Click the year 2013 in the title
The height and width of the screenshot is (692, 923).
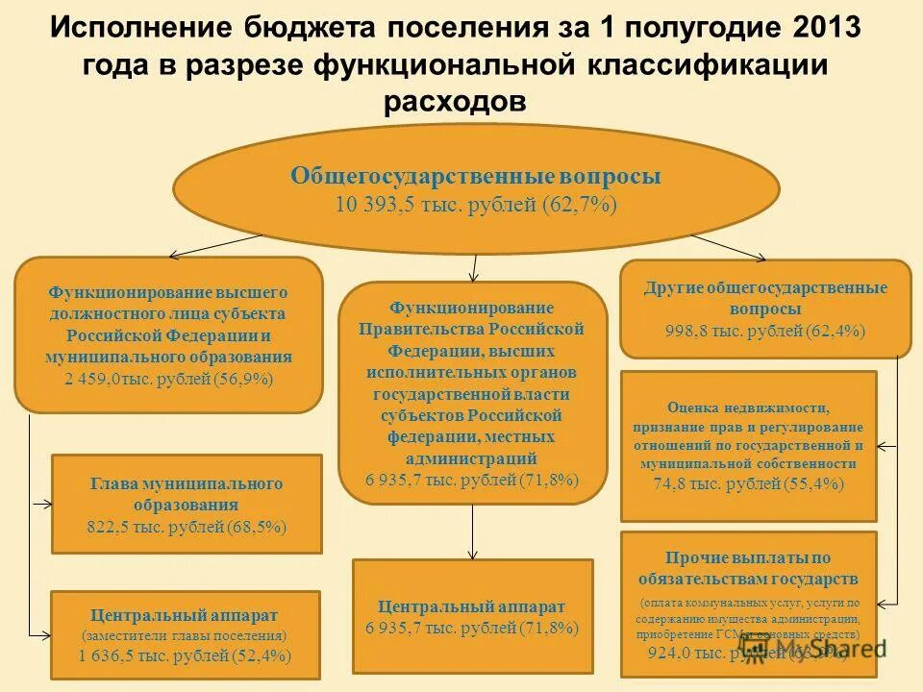[829, 26]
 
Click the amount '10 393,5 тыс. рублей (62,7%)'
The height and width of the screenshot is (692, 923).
[476, 205]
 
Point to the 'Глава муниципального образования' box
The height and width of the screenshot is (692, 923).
[187, 504]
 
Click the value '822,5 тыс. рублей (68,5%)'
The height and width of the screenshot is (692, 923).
[187, 526]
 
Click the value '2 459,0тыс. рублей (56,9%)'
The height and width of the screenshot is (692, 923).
[169, 379]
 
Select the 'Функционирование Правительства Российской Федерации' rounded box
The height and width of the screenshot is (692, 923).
[473, 392]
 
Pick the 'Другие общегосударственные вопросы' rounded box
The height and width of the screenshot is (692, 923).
[765, 309]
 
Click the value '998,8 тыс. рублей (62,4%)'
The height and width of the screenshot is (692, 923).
[765, 331]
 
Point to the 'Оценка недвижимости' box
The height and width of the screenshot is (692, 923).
[748, 445]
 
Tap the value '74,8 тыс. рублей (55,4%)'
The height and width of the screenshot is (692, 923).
[748, 484]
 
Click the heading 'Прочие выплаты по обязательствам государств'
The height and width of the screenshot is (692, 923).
[748, 568]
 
